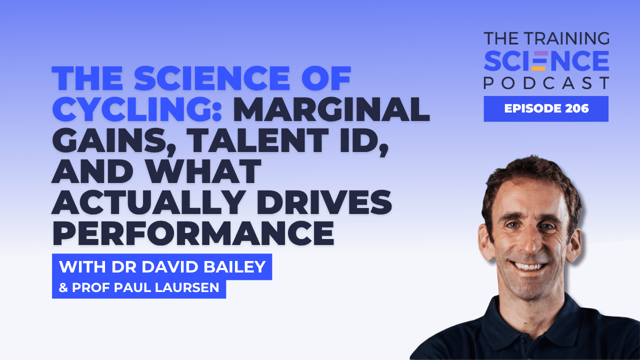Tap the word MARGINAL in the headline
click(331, 108)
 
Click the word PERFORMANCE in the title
click(193, 233)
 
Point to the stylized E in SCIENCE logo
click(538, 60)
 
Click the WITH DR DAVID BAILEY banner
click(162, 267)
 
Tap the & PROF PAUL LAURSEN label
click(139, 289)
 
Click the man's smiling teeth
click(531, 265)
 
